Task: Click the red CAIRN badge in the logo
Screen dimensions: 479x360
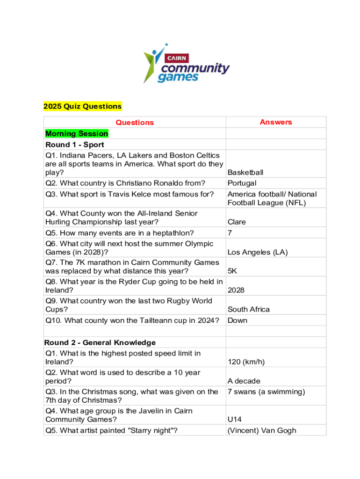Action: [177, 58]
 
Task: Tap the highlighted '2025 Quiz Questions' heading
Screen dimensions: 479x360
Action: [82, 106]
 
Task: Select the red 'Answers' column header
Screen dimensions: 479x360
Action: [276, 122]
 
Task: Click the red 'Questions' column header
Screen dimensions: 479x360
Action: [135, 123]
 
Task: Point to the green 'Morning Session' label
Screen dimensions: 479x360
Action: [77, 134]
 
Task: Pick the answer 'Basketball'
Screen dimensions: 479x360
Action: [245, 173]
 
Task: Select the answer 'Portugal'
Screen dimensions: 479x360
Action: [242, 183]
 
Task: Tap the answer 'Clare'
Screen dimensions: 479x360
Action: [237, 222]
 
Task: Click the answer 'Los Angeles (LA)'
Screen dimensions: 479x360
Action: [257, 252]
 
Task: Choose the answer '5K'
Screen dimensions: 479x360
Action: [233, 271]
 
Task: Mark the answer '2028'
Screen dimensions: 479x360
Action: [236, 290]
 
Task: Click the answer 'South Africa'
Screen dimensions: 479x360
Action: [249, 309]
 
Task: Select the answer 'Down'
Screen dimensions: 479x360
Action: [238, 320]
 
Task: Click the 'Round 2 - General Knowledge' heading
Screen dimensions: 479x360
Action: [100, 343]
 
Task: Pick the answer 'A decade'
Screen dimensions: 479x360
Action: [244, 381]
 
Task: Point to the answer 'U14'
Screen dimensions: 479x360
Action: [235, 419]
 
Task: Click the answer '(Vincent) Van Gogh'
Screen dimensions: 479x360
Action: [262, 430]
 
